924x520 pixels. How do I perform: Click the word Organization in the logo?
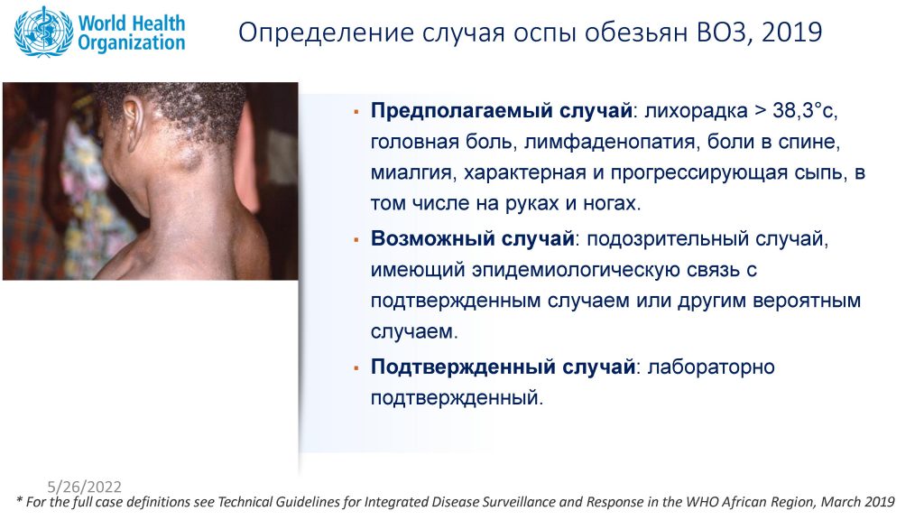pyautogui.click(x=132, y=42)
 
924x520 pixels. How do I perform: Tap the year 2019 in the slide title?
pyautogui.click(x=791, y=32)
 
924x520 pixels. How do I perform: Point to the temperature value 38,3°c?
pyautogui.click(x=804, y=110)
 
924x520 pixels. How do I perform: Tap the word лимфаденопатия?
pyautogui.click(x=609, y=142)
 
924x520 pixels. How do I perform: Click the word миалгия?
pyautogui.click(x=411, y=172)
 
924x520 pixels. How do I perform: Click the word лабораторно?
pyautogui.click(x=711, y=367)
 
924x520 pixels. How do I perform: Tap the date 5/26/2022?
pyautogui.click(x=84, y=487)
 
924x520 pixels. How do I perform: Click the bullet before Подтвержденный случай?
pyautogui.click(x=356, y=368)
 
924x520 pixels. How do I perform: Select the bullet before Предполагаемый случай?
pyautogui.click(x=356, y=111)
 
